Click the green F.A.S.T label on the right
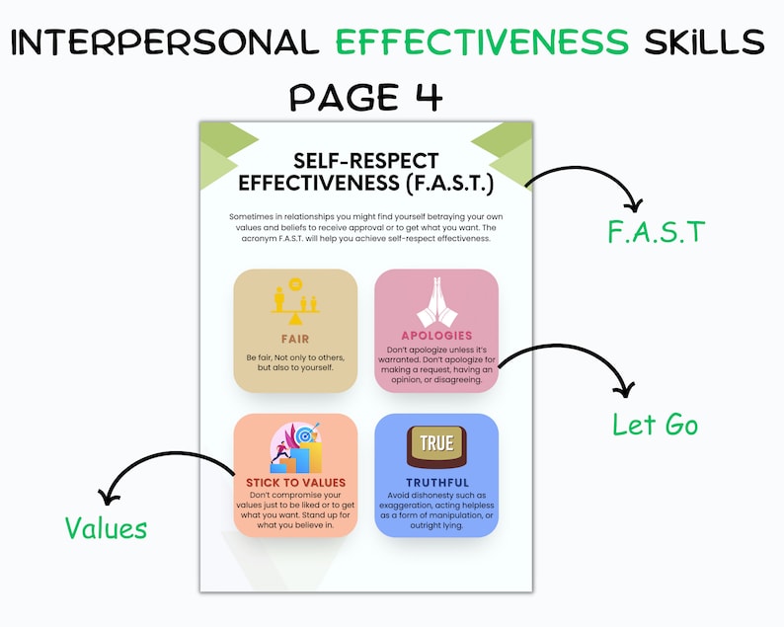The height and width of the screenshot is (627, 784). click(657, 233)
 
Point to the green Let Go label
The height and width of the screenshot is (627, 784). click(655, 426)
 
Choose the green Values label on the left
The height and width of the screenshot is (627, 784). click(106, 528)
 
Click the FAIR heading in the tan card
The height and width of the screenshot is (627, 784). click(295, 339)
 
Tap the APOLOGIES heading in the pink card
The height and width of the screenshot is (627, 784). click(436, 336)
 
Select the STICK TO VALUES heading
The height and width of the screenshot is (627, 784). click(295, 482)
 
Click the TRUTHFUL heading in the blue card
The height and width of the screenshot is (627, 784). click(436, 482)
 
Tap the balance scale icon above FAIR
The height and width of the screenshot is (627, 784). click(295, 304)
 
